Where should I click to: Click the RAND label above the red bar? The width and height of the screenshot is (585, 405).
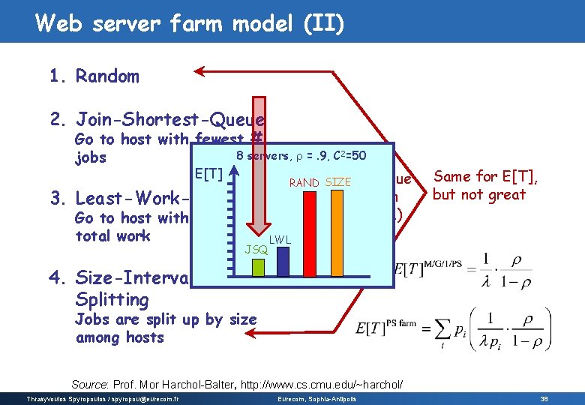304,182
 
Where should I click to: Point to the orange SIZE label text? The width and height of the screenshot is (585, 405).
338,182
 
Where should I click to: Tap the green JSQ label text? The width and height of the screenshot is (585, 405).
256,249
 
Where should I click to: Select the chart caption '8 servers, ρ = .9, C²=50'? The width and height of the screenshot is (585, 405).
301,155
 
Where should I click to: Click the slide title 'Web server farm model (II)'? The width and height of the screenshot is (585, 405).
190,24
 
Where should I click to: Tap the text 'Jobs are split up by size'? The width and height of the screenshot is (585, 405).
166,319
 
